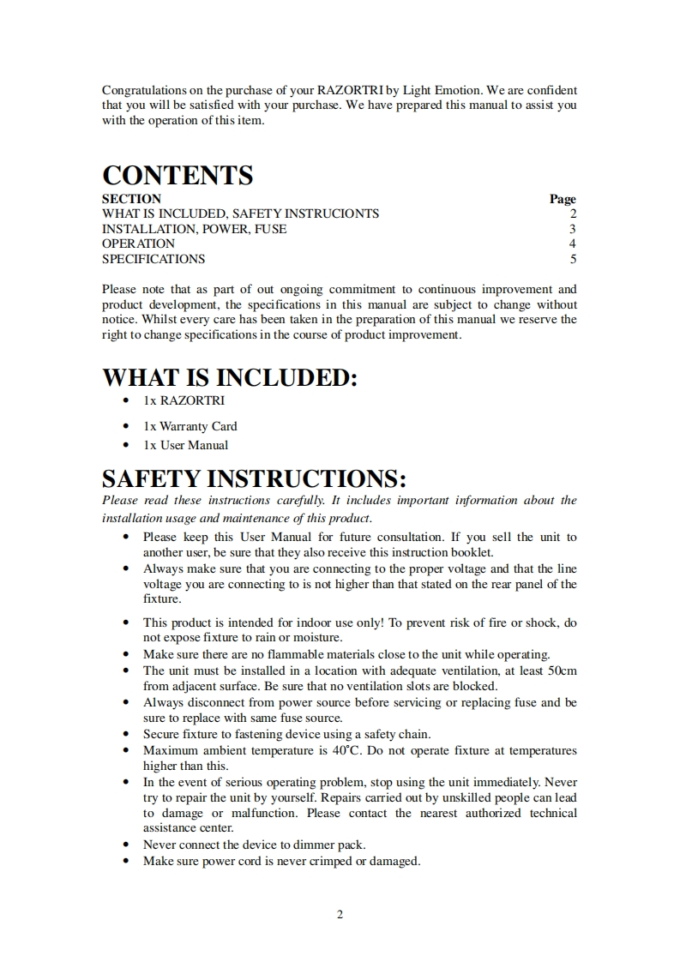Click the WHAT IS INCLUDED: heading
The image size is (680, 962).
click(x=229, y=377)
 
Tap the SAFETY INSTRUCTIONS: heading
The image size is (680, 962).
click(x=254, y=478)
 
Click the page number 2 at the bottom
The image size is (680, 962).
click(x=340, y=914)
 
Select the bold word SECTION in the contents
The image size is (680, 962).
click(x=131, y=198)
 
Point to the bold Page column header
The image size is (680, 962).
click(x=563, y=198)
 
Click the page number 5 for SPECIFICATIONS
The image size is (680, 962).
click(x=573, y=259)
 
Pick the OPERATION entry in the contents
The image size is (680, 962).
click(x=138, y=244)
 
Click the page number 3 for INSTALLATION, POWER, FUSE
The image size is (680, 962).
click(x=573, y=229)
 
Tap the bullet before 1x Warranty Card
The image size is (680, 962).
click(x=127, y=426)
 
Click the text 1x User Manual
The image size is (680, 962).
click(x=186, y=445)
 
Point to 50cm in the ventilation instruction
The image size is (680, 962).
click(x=563, y=670)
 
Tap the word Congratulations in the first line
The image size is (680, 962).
click(x=142, y=90)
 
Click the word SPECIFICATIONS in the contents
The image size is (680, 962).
click(x=153, y=259)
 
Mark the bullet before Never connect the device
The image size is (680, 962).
click(x=127, y=845)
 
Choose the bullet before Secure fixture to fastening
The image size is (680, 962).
click(x=127, y=734)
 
